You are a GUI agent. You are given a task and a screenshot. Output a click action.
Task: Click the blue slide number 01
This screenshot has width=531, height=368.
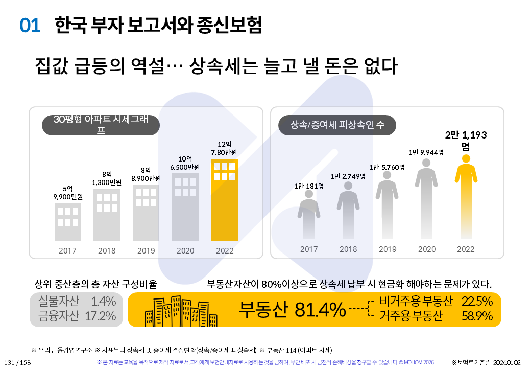coord(30,25)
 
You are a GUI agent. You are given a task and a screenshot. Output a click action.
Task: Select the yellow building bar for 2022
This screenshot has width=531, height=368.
coord(225,200)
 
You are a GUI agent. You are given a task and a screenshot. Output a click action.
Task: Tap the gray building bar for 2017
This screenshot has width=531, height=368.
coord(67,221)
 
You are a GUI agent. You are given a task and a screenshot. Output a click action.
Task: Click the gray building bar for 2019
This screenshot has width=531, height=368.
coord(146,212)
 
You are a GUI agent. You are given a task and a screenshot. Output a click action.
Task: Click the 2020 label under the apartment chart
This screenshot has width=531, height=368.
coord(185,251)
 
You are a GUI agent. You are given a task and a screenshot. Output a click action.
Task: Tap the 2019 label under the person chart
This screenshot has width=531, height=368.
coord(388,249)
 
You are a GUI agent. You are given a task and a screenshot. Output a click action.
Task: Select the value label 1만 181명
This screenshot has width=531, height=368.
coord(309,186)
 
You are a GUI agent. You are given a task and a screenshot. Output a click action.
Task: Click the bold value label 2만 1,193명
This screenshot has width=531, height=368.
coord(466,140)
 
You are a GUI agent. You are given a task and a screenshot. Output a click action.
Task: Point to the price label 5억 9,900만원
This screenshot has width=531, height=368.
coord(67,192)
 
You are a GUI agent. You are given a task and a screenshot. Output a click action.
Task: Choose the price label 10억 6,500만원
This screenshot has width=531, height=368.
coord(185,163)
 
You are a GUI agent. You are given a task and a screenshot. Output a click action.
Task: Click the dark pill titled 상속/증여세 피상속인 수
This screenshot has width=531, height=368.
coord(337,125)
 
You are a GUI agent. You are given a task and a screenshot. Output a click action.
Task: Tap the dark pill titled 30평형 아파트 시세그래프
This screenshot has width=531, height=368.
coord(101,125)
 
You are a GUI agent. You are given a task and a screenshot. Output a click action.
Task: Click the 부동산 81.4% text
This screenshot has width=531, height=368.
coord(293,309)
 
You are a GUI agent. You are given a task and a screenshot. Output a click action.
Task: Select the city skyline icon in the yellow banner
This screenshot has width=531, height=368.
coord(170,310)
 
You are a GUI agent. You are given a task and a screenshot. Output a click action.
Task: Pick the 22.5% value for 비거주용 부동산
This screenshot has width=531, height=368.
coord(477,301)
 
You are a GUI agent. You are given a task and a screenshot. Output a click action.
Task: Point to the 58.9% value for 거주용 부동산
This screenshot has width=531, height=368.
coord(477,316)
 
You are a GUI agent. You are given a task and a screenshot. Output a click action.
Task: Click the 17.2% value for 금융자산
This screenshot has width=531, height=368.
coord(100,316)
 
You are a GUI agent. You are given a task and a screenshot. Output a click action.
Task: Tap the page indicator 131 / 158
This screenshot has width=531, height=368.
coord(18,362)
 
